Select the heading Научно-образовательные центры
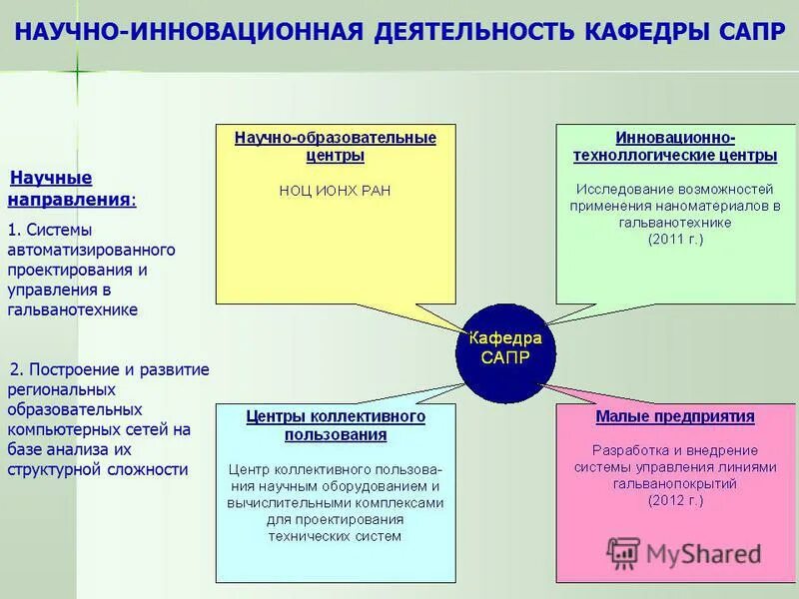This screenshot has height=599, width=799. [335, 146]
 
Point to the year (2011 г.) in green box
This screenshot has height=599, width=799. [675, 241]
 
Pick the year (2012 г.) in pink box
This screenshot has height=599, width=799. [675, 499]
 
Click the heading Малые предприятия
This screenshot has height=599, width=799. [675, 416]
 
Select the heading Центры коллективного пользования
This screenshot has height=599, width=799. [336, 425]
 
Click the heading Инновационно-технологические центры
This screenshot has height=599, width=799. [675, 146]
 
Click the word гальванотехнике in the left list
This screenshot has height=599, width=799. [72, 309]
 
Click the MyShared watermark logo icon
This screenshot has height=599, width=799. [623, 553]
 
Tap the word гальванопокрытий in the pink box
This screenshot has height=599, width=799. [675, 482]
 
